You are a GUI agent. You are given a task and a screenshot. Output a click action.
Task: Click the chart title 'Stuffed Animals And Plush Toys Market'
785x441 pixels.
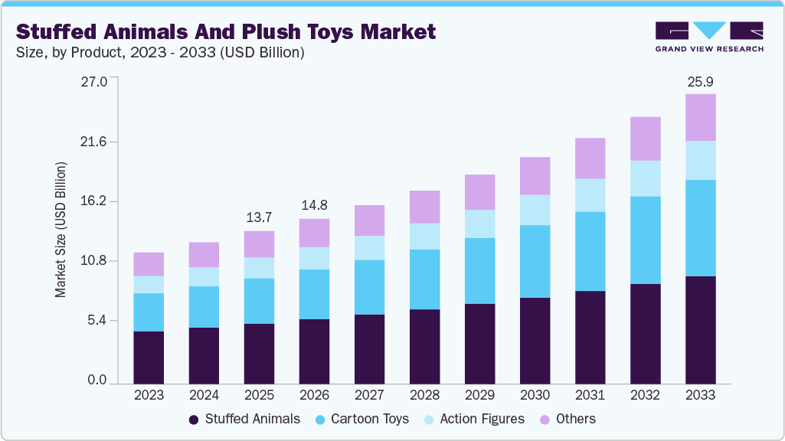pyautogui.click(x=226, y=31)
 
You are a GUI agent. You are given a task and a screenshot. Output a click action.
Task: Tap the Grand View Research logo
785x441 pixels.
pyautogui.click(x=709, y=37)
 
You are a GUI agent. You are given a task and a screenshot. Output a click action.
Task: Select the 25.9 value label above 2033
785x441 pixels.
pyautogui.click(x=700, y=80)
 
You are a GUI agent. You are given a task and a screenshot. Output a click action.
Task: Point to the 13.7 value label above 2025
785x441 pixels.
pyautogui.click(x=259, y=217)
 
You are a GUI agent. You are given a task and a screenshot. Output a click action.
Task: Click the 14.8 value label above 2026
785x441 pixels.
pyautogui.click(x=314, y=205)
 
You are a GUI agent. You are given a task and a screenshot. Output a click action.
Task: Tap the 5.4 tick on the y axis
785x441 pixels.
pyautogui.click(x=97, y=320)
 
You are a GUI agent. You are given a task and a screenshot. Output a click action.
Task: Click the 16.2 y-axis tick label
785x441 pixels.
pyautogui.click(x=94, y=201)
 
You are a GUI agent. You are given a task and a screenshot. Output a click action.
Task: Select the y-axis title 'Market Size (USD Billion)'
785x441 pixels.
pyautogui.click(x=61, y=230)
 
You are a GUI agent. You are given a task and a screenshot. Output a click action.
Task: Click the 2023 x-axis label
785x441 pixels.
pyautogui.click(x=149, y=396)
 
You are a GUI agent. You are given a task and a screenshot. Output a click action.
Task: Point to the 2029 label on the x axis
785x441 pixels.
pyautogui.click(x=479, y=396)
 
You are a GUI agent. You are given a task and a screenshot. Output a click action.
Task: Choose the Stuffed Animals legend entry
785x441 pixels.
pyautogui.click(x=244, y=419)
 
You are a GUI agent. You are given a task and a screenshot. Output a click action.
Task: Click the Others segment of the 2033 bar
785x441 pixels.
pyautogui.click(x=700, y=117)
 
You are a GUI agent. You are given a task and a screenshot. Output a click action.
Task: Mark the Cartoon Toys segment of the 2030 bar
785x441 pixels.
pyautogui.click(x=535, y=261)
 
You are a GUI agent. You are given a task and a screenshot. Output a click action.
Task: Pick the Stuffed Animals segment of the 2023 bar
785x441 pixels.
pyautogui.click(x=149, y=358)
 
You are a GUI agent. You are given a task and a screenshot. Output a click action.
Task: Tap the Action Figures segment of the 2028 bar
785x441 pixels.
pyautogui.click(x=424, y=236)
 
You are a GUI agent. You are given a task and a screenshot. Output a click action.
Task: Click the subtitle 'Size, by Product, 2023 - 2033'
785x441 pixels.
pyautogui.click(x=160, y=53)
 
